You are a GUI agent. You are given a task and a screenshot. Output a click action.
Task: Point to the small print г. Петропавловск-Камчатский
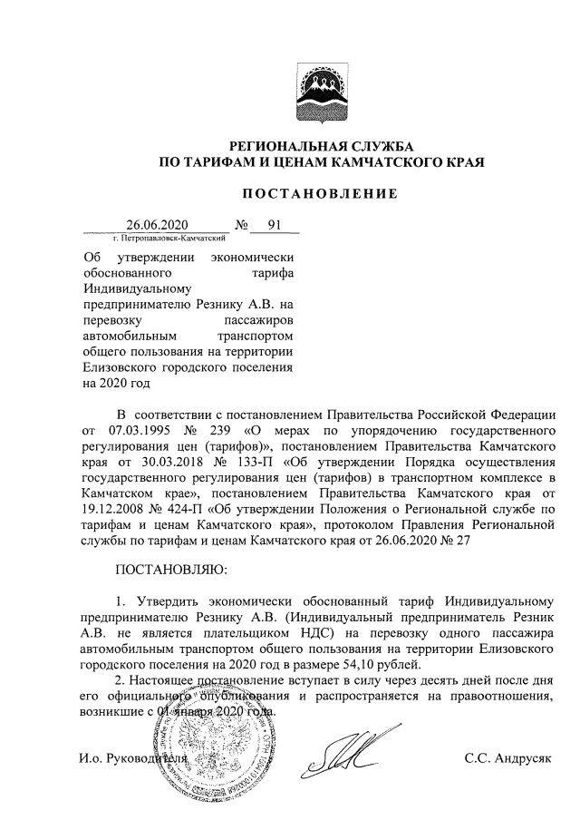coord(166,238)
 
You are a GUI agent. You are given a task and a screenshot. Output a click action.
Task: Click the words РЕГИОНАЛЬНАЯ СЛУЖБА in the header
coord(321,147)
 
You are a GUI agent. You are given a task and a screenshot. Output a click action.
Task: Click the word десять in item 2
coord(444,679)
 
